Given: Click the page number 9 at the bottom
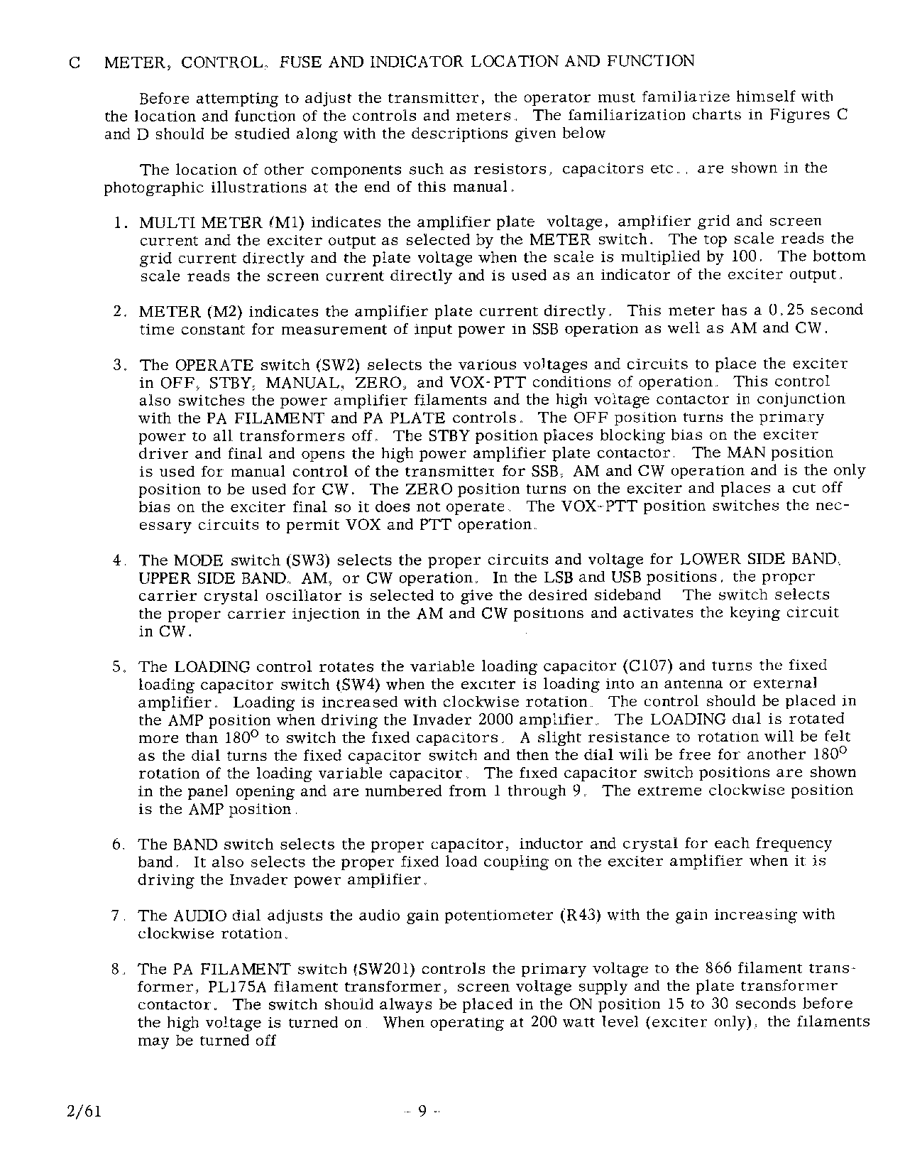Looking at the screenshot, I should coord(422,1112).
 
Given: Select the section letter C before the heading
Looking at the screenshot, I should coord(74,63).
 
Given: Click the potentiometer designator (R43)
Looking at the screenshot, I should coord(581,915).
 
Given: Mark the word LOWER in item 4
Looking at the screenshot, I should coord(709,560).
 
